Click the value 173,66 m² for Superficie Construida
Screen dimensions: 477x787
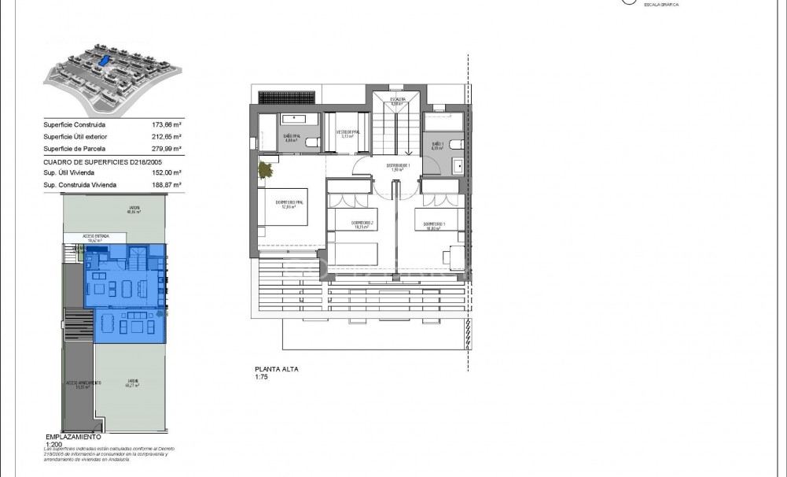tap(166, 124)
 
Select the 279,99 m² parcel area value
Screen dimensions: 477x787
tap(166, 148)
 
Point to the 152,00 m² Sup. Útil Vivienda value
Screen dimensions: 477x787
tap(166, 172)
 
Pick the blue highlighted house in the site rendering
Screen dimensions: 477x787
tap(102, 61)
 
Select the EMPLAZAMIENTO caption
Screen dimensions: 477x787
tap(73, 436)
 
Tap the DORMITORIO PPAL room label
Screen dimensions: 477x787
tap(289, 205)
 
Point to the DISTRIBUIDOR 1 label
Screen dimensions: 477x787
tap(398, 167)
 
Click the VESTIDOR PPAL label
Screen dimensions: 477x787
tap(348, 133)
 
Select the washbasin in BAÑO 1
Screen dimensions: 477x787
tap(458, 166)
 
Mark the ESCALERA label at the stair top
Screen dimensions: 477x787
tap(398, 100)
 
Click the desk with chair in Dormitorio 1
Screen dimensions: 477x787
tap(454, 256)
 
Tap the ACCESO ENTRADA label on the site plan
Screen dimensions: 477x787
tap(96, 235)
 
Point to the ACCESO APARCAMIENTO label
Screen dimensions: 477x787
tap(83, 384)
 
